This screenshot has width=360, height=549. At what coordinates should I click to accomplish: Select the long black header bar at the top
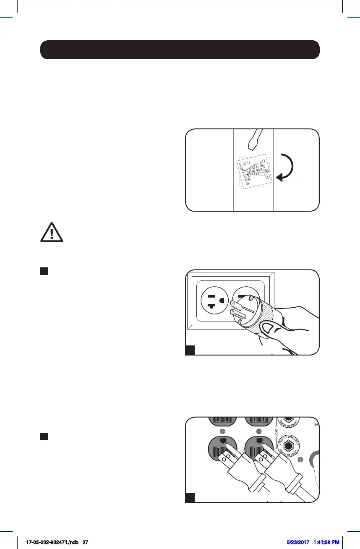(x=180, y=50)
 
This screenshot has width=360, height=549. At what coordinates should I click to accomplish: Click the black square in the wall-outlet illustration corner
(x=190, y=350)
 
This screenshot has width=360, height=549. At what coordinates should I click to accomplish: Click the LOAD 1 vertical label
(x=277, y=432)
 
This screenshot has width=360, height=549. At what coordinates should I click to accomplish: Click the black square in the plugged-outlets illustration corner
(x=190, y=498)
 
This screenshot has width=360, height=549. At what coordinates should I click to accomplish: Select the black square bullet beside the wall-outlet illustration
(x=43, y=271)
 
